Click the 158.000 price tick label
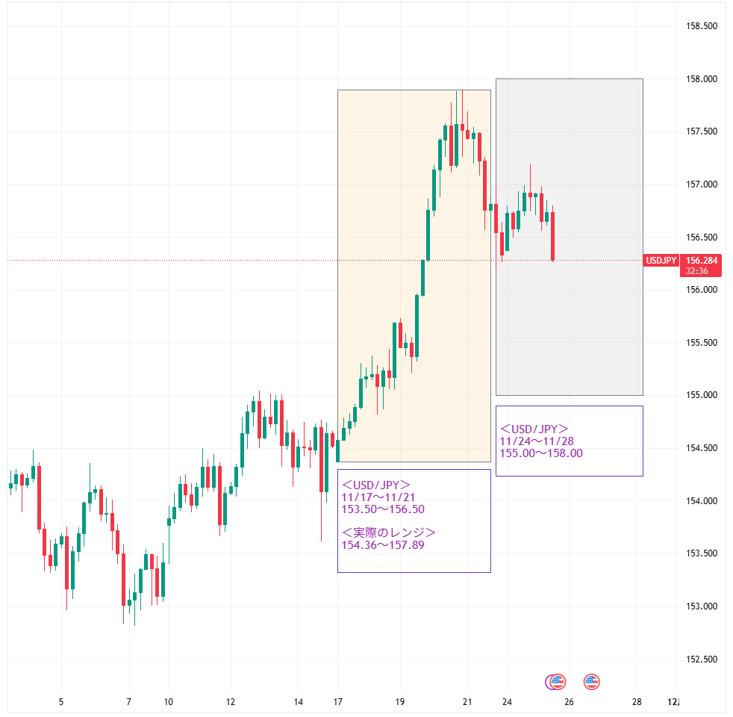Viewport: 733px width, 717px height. click(701, 79)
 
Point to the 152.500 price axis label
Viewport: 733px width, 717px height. click(701, 659)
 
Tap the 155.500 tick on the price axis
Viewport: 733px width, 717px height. click(701, 343)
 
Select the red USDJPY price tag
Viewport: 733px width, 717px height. click(661, 260)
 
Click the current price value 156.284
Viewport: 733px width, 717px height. click(701, 260)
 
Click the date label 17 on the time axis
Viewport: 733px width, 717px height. click(338, 702)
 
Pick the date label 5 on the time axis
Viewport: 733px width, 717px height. click(61, 702)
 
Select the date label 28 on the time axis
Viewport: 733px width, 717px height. click(637, 702)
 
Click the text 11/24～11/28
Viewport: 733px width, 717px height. click(537, 441)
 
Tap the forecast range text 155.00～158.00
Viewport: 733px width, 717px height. click(541, 453)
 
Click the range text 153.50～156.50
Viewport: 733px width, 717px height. click(382, 509)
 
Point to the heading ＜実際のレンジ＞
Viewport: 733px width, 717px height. click(388, 533)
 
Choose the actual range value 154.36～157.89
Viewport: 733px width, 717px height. click(382, 545)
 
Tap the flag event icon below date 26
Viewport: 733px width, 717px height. click(592, 681)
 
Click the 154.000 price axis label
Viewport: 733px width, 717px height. click(701, 501)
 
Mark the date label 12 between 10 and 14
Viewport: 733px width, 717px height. click(231, 702)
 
